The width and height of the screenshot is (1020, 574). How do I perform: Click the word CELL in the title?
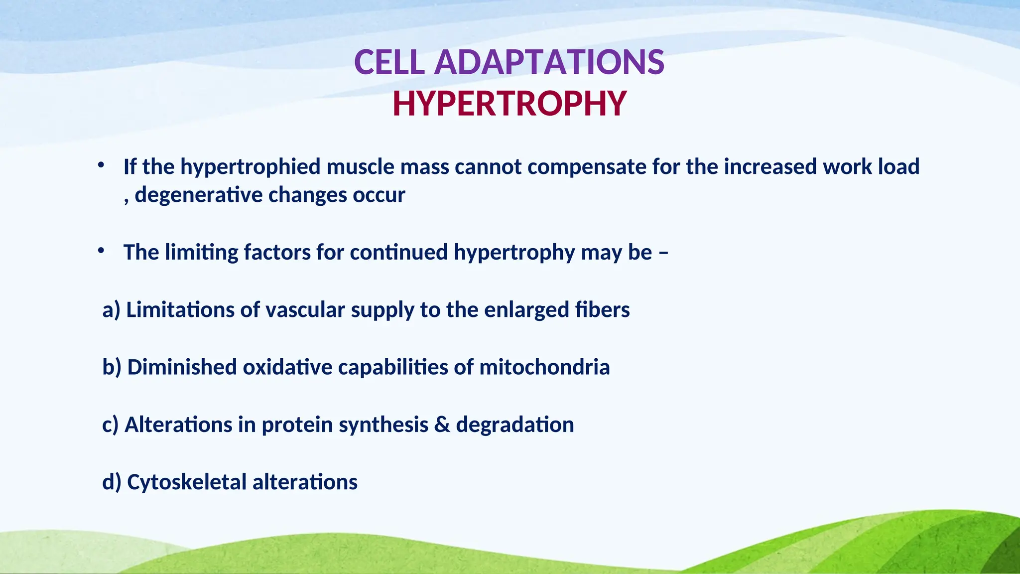coord(389,63)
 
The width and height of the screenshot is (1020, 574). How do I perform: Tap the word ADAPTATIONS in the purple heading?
coord(549,63)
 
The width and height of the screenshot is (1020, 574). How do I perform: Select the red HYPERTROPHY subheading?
coord(509,104)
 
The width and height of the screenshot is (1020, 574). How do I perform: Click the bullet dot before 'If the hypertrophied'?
coord(101,164)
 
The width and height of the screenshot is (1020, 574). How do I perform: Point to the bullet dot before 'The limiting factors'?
coord(101,250)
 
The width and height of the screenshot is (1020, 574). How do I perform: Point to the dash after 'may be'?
coord(663,253)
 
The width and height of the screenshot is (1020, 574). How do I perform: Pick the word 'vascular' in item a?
coord(305,310)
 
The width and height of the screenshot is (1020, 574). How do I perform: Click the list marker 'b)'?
coord(112,367)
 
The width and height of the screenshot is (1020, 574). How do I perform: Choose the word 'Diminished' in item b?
coord(182,367)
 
